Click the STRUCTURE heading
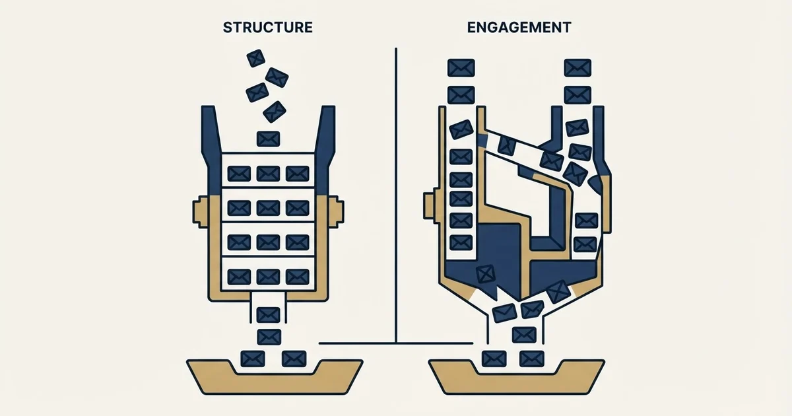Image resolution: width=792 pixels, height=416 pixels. [x=268, y=28]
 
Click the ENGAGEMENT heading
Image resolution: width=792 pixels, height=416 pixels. [x=519, y=28]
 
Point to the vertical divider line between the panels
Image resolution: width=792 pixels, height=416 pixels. [x=396, y=195]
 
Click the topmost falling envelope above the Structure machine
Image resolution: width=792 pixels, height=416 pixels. [x=255, y=58]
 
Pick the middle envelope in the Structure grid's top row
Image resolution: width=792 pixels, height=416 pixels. [x=268, y=174]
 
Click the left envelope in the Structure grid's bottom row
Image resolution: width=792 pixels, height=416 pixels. [x=239, y=277]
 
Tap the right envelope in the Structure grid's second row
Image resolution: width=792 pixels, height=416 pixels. [x=298, y=208]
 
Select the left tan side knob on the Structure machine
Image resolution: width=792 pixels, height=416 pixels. [x=201, y=211]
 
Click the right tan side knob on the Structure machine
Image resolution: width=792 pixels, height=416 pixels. [x=336, y=211]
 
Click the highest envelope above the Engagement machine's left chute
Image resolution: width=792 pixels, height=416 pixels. [x=461, y=68]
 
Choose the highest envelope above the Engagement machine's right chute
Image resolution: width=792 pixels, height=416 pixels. [x=577, y=68]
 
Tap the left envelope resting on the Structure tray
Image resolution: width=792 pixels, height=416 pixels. [x=252, y=359]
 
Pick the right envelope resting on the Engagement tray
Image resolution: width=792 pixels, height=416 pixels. [x=531, y=359]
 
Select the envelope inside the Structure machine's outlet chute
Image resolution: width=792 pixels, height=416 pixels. [x=269, y=315]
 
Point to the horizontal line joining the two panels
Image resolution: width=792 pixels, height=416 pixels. [x=396, y=343]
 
